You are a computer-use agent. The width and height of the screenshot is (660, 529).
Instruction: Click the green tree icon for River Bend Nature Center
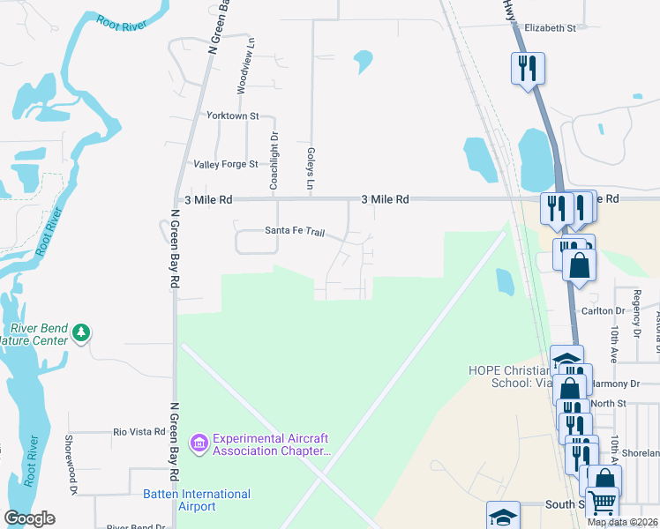(82, 332)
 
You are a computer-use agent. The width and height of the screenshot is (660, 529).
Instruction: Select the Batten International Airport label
(197, 500)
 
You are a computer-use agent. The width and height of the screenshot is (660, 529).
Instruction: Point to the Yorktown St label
(232, 115)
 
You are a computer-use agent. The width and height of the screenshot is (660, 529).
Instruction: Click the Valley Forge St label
(226, 164)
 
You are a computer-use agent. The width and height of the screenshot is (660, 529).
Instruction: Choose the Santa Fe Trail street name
(295, 231)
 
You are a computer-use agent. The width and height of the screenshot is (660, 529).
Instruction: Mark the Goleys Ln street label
(311, 168)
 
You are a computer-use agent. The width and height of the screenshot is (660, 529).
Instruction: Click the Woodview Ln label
(238, 67)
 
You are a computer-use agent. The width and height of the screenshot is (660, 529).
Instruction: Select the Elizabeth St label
(550, 28)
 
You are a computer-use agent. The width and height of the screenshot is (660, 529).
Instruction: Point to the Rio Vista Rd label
(139, 432)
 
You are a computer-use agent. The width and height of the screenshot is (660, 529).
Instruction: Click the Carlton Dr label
(603, 311)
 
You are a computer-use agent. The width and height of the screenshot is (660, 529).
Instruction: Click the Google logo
(30, 518)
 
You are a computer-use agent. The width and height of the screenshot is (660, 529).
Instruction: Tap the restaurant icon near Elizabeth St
(528, 68)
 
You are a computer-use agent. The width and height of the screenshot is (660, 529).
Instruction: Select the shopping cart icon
(601, 503)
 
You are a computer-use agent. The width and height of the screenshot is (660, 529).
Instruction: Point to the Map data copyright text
(622, 522)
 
